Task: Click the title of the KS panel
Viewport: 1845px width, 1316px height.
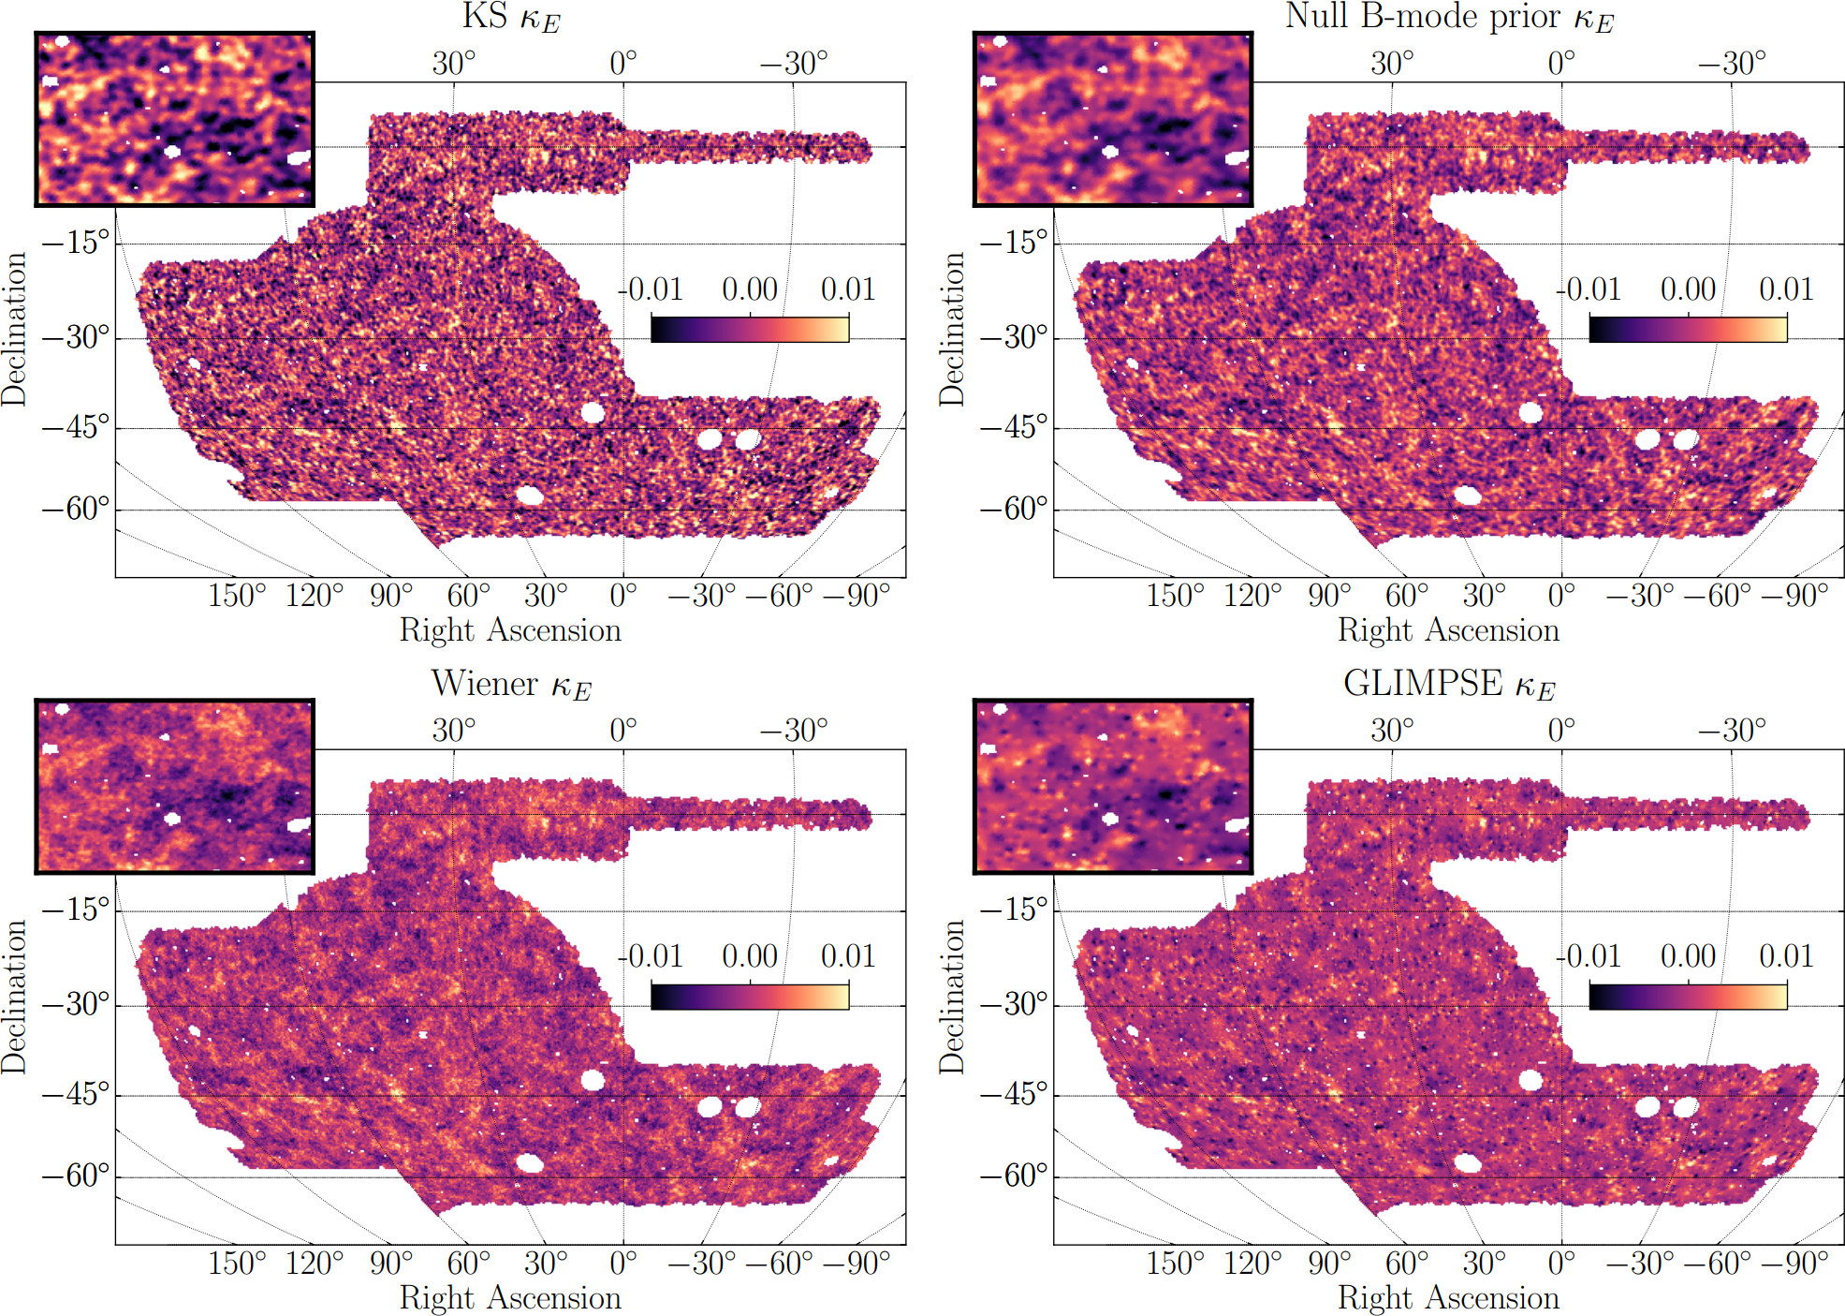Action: (511, 18)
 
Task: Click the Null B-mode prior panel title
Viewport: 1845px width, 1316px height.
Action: (1449, 18)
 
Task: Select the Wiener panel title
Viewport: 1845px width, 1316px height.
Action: (511, 685)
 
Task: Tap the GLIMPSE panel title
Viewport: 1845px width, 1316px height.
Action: (1449, 685)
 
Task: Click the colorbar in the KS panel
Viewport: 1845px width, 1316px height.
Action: (750, 330)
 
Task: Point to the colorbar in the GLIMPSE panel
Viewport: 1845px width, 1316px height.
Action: (1688, 997)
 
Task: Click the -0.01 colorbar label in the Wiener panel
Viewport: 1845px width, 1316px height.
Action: (652, 956)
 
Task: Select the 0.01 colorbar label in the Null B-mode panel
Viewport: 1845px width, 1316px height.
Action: (1786, 289)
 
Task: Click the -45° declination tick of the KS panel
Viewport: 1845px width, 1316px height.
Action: (76, 427)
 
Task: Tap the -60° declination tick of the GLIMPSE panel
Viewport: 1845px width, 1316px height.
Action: (1014, 1176)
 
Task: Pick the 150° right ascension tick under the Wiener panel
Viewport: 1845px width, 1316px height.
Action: (237, 1263)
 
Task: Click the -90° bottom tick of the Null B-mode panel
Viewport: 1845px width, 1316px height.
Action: (1794, 596)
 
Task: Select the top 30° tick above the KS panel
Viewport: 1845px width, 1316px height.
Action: (454, 64)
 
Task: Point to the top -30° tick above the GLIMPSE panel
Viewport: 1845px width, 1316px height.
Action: (1732, 731)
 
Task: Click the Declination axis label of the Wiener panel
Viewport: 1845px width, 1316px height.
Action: (14, 996)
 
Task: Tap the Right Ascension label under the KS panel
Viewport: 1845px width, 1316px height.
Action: (510, 630)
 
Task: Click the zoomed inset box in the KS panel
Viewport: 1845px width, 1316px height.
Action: (175, 119)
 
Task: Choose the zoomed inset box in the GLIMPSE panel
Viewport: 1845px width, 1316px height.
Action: (1113, 786)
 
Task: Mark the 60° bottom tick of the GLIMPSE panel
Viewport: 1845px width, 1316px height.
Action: (1407, 1263)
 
